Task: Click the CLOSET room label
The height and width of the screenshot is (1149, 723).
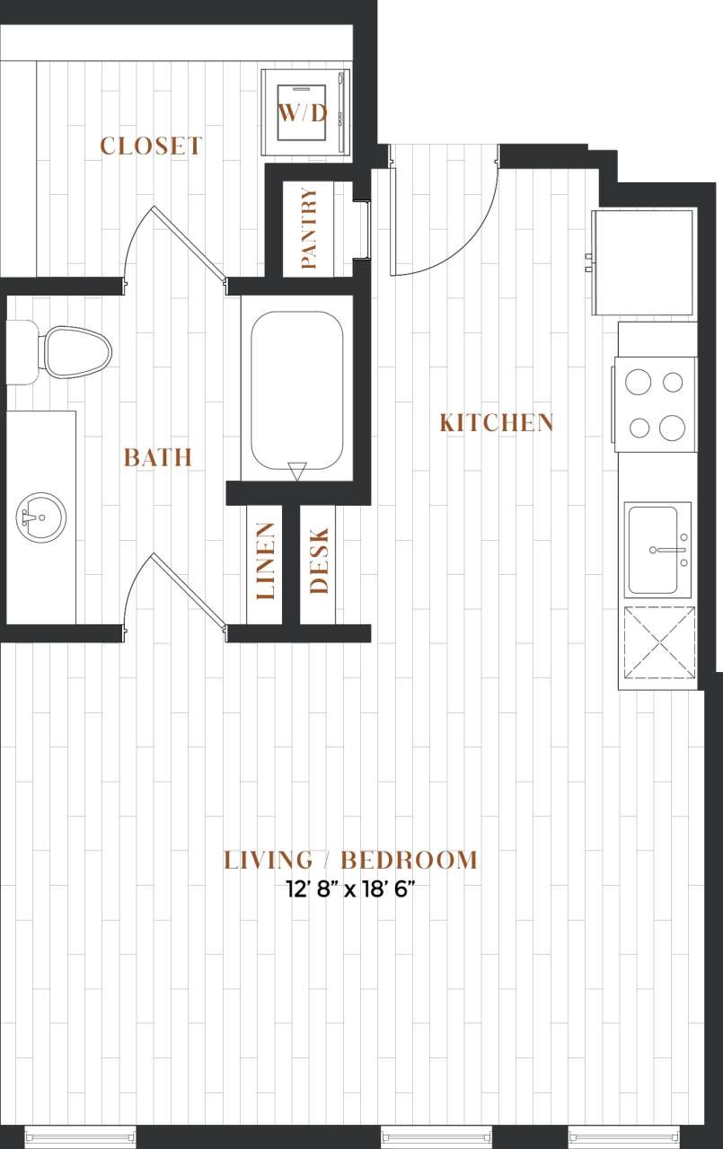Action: (x=151, y=146)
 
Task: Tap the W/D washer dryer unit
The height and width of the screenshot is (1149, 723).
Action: (x=302, y=112)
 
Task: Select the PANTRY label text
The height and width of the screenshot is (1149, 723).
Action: (x=309, y=229)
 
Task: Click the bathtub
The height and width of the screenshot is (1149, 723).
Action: (x=297, y=387)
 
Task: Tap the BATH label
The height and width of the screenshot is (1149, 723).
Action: (x=157, y=457)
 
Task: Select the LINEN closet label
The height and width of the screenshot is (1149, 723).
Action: (x=266, y=561)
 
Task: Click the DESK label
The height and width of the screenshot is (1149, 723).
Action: (x=319, y=561)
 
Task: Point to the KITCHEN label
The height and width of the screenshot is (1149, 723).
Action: (x=497, y=422)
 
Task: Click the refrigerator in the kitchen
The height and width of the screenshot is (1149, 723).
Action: (x=643, y=261)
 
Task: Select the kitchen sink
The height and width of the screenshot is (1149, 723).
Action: (x=657, y=549)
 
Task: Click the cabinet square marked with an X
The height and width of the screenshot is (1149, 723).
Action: (x=659, y=643)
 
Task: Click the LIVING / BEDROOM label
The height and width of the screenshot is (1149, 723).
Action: (x=350, y=860)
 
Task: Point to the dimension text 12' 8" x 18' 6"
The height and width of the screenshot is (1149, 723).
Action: (x=350, y=890)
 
